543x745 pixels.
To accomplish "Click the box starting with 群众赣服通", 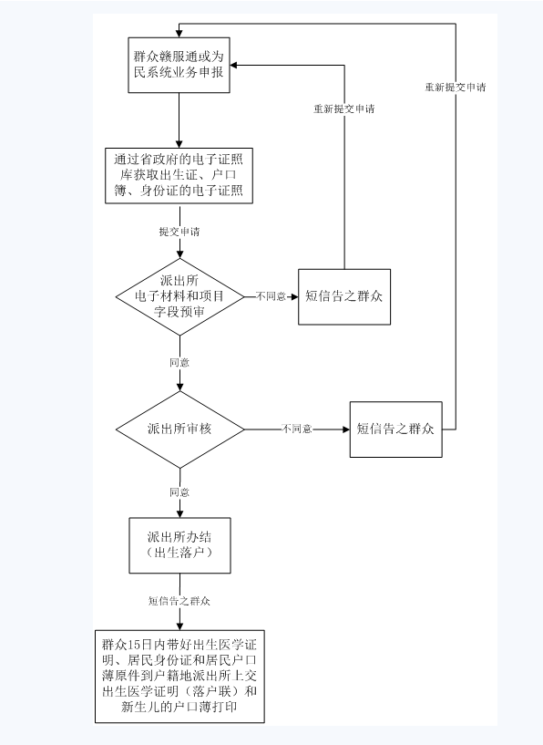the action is pyautogui.click(x=179, y=65).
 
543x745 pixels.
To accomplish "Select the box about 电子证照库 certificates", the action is pyautogui.click(x=179, y=176).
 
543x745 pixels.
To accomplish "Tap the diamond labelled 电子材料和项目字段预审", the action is pyautogui.click(x=179, y=297).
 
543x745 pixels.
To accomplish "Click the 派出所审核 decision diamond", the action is pyautogui.click(x=179, y=429).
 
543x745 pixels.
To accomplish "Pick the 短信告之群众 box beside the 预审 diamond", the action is pyautogui.click(x=344, y=297).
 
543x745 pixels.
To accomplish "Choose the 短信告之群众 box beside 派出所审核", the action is pyautogui.click(x=395, y=429).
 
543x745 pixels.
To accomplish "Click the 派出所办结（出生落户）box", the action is pyautogui.click(x=179, y=545).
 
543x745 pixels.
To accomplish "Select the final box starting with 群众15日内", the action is pyautogui.click(x=179, y=677).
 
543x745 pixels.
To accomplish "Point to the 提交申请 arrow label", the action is pyautogui.click(x=179, y=232).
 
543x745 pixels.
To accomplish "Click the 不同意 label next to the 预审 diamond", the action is pyautogui.click(x=271, y=296).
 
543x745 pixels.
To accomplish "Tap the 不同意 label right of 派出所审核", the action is pyautogui.click(x=297, y=429).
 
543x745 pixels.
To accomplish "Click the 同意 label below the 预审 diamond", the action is pyautogui.click(x=179, y=363).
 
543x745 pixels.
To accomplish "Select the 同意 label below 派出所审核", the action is pyautogui.click(x=179, y=492).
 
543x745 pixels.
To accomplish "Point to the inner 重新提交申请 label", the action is pyautogui.click(x=344, y=109).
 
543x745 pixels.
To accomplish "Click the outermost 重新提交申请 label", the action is pyautogui.click(x=456, y=87).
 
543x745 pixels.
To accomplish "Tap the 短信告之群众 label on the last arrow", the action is pyautogui.click(x=179, y=601).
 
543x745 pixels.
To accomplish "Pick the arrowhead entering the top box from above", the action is pyautogui.click(x=179, y=33).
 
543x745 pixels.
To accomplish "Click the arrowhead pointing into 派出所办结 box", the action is pyautogui.click(x=179, y=513).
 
